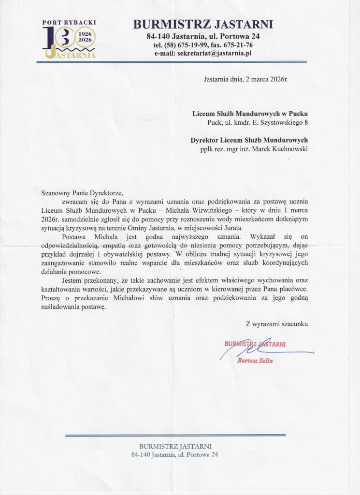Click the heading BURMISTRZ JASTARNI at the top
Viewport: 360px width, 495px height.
tap(203, 24)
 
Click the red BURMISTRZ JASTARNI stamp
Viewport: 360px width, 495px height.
tap(255, 344)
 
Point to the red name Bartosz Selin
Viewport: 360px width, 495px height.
tap(255, 360)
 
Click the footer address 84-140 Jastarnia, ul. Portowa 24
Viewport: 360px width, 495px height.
tap(174, 455)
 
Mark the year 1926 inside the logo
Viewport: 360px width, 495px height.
tap(85, 34)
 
